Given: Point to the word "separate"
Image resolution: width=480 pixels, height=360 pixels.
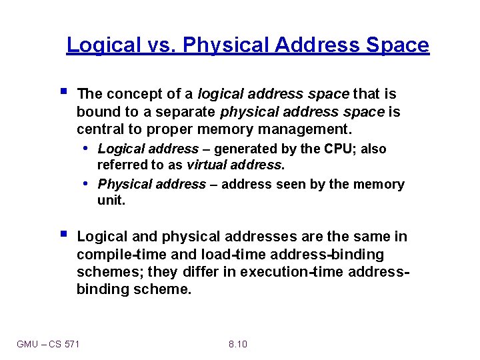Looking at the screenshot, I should click(189, 112).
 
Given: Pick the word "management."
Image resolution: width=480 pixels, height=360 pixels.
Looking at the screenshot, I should click(304, 129).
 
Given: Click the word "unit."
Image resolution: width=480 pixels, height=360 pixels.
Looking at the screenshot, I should click(111, 200).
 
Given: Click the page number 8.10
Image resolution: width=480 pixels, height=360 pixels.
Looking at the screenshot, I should click(237, 344).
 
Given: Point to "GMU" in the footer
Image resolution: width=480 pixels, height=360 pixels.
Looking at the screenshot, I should click(28, 344).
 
